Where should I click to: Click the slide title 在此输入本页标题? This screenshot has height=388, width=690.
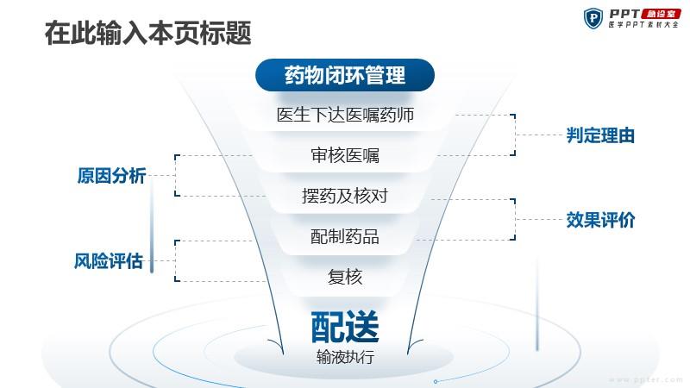tap(147, 33)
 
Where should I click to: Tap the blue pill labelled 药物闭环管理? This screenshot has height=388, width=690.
tap(345, 75)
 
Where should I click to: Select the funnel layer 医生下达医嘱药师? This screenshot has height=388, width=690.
tap(345, 115)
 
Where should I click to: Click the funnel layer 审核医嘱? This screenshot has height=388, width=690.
tap(345, 155)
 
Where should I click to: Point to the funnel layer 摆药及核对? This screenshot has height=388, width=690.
tap(345, 196)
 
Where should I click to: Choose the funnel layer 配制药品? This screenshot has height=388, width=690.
tap(345, 236)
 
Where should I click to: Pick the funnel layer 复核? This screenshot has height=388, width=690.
tap(345, 277)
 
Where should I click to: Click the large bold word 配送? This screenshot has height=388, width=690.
tap(345, 327)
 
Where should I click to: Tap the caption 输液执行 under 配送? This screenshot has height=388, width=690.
tap(345, 357)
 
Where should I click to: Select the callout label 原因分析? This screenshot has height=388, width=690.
tap(112, 176)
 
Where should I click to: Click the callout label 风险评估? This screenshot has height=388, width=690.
tap(109, 261)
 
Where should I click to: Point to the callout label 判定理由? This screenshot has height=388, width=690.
tap(600, 135)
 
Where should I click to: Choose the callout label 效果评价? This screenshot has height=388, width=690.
tap(600, 220)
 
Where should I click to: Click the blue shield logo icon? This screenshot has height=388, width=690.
tap(593, 18)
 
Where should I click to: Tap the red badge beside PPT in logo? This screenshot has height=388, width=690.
tap(661, 14)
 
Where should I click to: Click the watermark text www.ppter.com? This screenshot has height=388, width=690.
tap(645, 379)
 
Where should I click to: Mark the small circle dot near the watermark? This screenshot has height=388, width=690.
tap(436, 381)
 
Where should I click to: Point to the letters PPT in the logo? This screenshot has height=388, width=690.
tap(624, 14)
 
